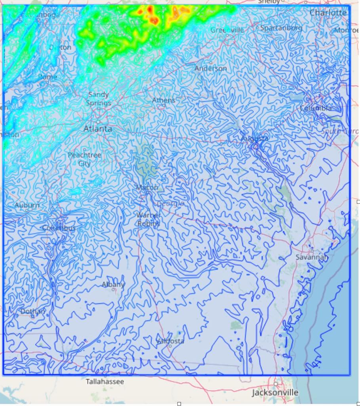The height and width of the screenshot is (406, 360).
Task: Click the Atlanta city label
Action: (x=98, y=129)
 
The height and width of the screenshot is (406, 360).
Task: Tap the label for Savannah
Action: (x=312, y=257)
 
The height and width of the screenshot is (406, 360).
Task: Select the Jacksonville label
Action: (x=275, y=393)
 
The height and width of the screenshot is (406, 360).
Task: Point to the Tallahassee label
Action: (x=105, y=382)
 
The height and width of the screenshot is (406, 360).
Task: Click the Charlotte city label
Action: (x=328, y=13)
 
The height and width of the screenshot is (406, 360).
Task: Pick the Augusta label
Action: (x=254, y=138)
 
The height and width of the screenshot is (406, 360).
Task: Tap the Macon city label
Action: (x=147, y=187)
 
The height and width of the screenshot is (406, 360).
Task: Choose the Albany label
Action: (x=113, y=285)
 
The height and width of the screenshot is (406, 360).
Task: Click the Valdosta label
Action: (x=170, y=341)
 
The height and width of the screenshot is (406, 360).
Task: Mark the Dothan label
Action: (x=33, y=311)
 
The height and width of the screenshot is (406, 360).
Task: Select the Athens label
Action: (x=164, y=100)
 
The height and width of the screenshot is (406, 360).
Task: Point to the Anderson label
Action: (x=211, y=69)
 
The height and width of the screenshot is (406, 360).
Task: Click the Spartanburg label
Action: (x=281, y=28)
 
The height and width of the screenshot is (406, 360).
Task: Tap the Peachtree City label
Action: (x=84, y=159)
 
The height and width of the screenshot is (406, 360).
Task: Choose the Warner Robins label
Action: (x=148, y=219)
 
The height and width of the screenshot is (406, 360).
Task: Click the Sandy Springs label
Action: (x=99, y=99)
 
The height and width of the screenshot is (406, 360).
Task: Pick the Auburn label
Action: (x=27, y=205)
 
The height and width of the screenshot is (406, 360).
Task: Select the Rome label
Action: (x=48, y=77)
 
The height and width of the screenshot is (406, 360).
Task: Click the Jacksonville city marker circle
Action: (x=276, y=384)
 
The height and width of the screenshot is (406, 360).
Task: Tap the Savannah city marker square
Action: (x=312, y=251)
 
